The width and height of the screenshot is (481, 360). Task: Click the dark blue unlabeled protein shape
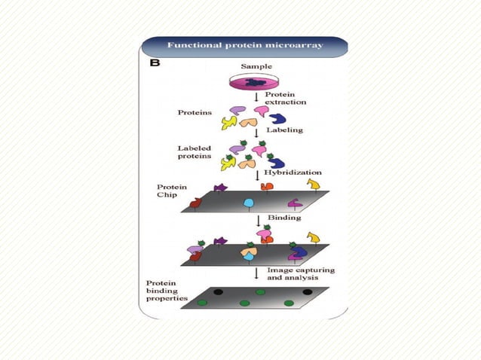(x=277, y=118)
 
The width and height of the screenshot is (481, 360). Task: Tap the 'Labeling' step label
(x=284, y=130)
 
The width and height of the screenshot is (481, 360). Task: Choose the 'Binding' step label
(x=283, y=218)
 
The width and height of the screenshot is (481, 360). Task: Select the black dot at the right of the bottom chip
(x=307, y=290)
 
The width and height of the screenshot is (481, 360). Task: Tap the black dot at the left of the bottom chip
(x=218, y=290)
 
